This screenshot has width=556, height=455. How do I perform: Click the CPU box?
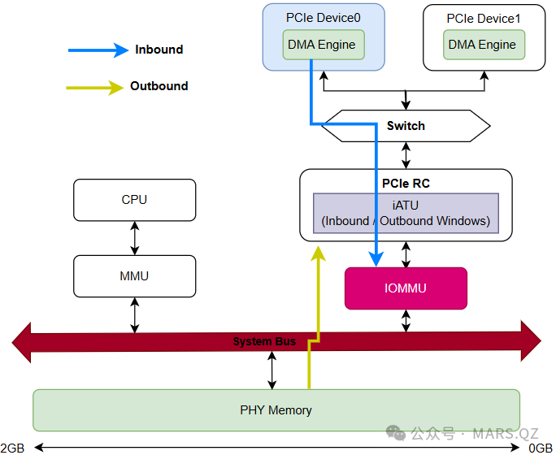coord(134,200)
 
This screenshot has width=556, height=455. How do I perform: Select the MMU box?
coord(134,276)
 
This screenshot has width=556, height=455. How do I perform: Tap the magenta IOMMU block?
coord(406,288)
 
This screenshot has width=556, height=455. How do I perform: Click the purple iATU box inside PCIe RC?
coord(406,214)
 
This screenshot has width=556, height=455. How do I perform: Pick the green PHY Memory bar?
coord(276,410)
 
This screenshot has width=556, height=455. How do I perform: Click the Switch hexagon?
coord(406,126)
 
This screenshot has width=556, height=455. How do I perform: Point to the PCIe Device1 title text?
coord(484,17)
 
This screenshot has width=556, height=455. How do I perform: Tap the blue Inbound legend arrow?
coord(98,50)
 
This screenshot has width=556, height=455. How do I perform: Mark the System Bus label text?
coord(264,341)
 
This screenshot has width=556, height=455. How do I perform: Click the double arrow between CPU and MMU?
coord(134,238)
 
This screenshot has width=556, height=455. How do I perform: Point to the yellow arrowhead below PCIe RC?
coord(318,254)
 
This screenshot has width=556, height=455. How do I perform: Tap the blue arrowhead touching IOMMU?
coord(376,259)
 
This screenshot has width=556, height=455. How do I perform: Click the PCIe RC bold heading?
coord(406,184)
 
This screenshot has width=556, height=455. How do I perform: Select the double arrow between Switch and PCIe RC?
coord(406,154)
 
